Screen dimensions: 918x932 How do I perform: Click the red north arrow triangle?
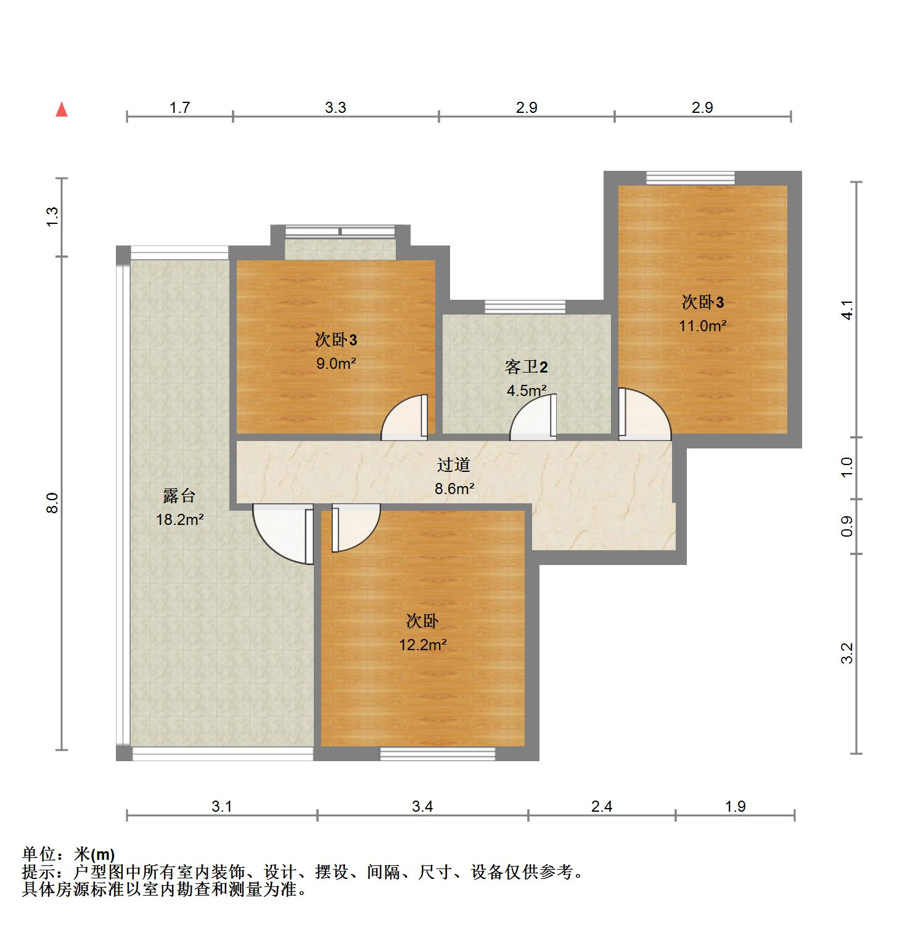pyautogui.click(x=62, y=110)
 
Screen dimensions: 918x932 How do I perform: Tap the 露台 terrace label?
pyautogui.click(x=179, y=495)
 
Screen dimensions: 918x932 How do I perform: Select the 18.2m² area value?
pyautogui.click(x=180, y=519)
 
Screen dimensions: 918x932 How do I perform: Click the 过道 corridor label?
pyautogui.click(x=454, y=464)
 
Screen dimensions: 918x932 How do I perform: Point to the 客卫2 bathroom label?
pyautogui.click(x=526, y=367)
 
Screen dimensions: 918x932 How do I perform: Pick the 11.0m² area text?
pyautogui.click(x=703, y=326)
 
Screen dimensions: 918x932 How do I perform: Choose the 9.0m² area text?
pyautogui.click(x=336, y=363)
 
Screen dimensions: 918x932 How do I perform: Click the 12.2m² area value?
pyautogui.click(x=422, y=645)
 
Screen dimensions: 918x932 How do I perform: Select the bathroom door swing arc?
pyautogui.click(x=533, y=418)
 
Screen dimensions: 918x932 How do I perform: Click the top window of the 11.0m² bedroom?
pyautogui.click(x=691, y=178)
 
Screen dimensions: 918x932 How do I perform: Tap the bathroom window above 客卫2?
pyautogui.click(x=525, y=307)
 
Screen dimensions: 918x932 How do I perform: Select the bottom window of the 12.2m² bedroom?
pyautogui.click(x=438, y=754)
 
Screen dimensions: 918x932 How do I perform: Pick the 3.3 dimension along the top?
pyautogui.click(x=335, y=108)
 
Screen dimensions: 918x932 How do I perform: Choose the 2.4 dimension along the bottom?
pyautogui.click(x=602, y=806)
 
